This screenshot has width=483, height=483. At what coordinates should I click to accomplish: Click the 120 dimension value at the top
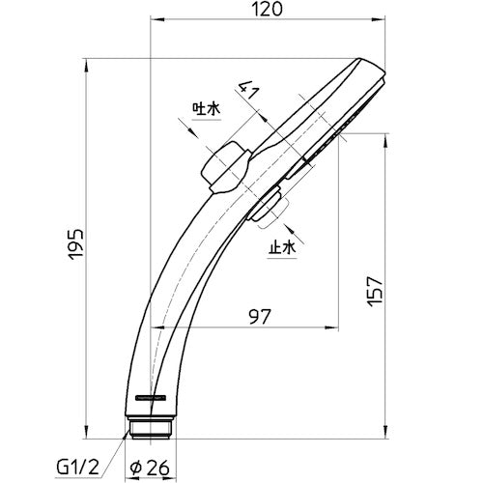click(x=267, y=9)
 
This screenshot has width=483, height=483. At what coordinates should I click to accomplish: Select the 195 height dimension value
click(x=76, y=244)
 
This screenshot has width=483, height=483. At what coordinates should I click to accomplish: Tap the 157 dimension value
click(x=376, y=292)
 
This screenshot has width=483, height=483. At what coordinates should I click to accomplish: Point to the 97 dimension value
click(x=260, y=317)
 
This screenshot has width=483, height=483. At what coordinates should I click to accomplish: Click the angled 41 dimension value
click(x=248, y=90)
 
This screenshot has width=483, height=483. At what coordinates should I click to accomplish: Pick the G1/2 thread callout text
click(x=78, y=468)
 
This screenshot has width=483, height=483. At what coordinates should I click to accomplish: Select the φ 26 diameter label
click(x=149, y=468)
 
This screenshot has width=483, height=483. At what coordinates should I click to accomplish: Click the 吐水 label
click(x=207, y=109)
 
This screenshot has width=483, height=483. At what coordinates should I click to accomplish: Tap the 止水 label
click(x=282, y=248)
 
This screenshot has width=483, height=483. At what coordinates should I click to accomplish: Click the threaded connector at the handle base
click(x=151, y=428)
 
